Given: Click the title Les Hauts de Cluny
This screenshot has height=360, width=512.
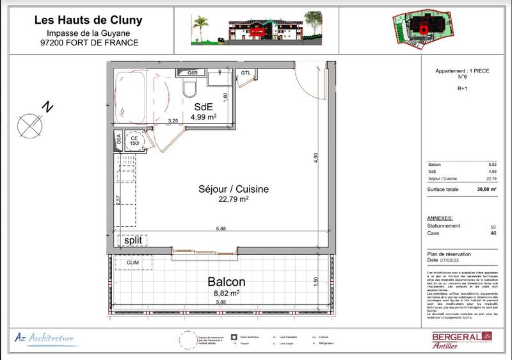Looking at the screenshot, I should click(x=88, y=20).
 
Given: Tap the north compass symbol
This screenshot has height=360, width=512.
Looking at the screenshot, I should click(x=29, y=124).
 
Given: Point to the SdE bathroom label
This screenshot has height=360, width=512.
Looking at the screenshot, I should click(x=204, y=108).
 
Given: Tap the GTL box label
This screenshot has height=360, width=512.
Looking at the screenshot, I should click(x=246, y=73).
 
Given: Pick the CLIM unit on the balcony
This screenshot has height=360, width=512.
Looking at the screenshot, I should click(x=133, y=263).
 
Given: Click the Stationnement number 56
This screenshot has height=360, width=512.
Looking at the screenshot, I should click(x=493, y=226).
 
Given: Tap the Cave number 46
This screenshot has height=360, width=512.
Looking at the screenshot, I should click(x=493, y=234).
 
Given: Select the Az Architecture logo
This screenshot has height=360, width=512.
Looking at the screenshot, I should click(x=44, y=338).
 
